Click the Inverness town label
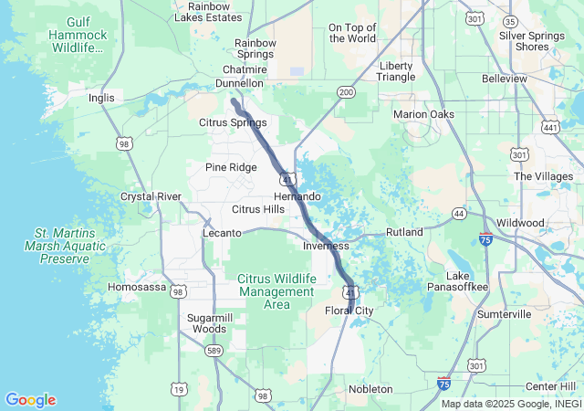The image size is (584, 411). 326,246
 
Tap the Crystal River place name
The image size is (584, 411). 151,196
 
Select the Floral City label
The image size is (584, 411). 349,311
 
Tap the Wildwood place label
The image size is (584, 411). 520,223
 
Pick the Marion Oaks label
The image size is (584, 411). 423,114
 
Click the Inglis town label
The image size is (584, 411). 101,98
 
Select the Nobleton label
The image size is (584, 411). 370,389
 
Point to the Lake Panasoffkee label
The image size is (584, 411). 468,281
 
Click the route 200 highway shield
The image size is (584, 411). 346,92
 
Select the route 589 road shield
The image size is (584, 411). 214,350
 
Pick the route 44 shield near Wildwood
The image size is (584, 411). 459,213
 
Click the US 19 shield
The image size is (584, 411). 178,389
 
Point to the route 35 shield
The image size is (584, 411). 537,21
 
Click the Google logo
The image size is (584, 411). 30,400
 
